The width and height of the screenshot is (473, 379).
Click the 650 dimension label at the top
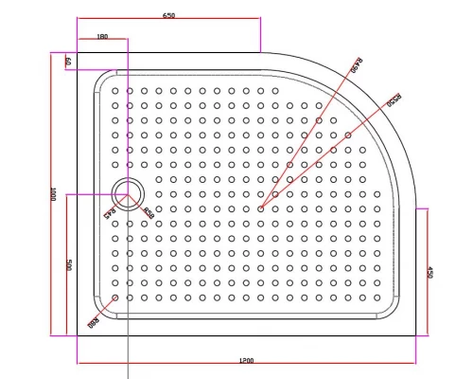169,16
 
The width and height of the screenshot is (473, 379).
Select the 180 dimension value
102,37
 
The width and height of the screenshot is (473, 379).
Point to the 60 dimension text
68,61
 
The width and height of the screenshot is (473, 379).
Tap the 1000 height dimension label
55,193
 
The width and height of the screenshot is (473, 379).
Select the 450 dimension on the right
429,271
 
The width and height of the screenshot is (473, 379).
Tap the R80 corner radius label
95,321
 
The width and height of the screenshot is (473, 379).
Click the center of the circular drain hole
127,193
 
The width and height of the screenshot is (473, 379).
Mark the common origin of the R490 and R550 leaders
260,208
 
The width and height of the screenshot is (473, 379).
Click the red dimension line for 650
169,21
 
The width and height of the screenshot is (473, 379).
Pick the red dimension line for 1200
245,366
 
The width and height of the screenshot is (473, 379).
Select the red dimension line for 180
102,42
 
